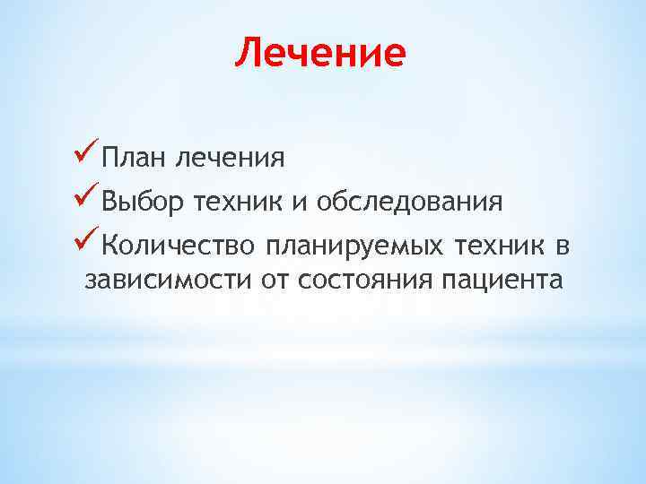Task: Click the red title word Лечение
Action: click(x=320, y=53)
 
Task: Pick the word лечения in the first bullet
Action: click(x=231, y=159)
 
